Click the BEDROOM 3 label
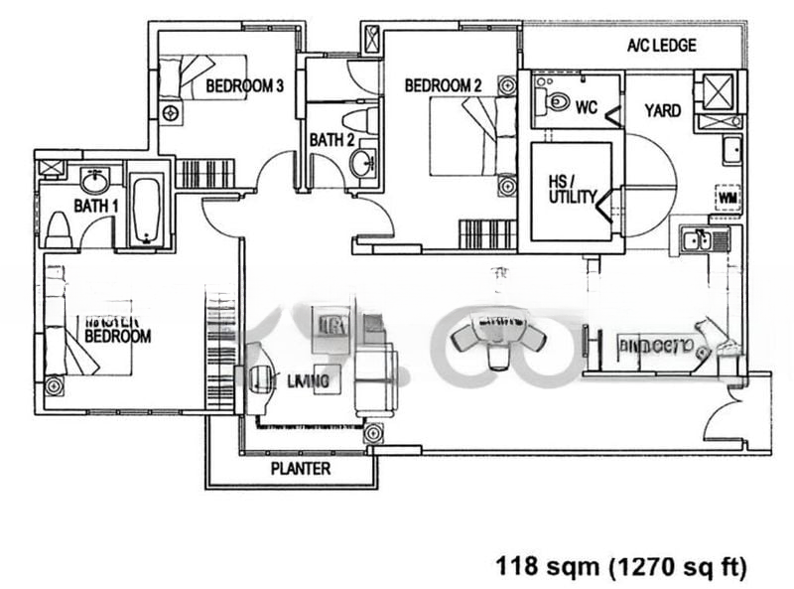tap(245, 86)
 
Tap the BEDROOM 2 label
tap(443, 86)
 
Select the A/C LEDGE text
tap(661, 46)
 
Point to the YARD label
tap(662, 110)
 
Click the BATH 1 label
tap(96, 207)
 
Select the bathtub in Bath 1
tap(147, 210)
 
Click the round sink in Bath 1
tap(95, 182)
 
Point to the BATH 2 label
tap(331, 140)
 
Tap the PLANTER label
tap(300, 469)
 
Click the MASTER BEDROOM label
tap(117, 331)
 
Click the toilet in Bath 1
tap(57, 229)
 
